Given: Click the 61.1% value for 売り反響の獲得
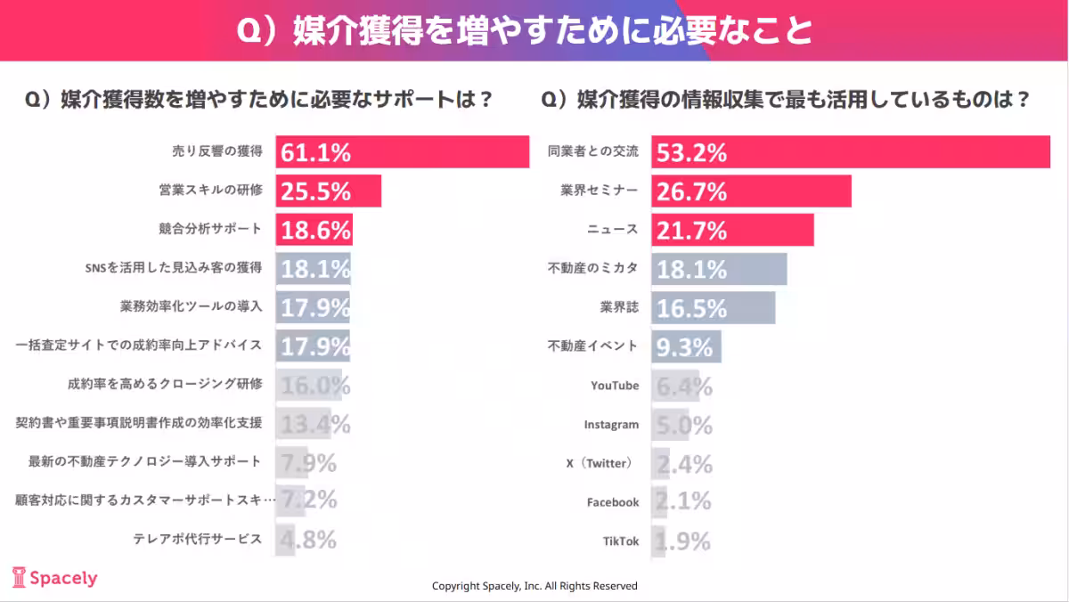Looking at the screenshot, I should [x=315, y=152].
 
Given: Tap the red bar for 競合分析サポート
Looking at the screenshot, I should [x=314, y=229].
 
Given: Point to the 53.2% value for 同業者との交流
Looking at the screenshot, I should [x=691, y=152].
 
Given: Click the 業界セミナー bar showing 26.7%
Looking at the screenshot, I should [x=751, y=191].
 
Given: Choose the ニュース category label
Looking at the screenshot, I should [x=613, y=230].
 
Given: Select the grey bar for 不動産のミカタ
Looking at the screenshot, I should [x=719, y=269].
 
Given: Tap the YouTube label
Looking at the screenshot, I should [x=615, y=386].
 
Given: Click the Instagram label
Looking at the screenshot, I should [x=611, y=425].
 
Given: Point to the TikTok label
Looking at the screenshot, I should [x=621, y=541].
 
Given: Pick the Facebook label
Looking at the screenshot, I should [x=613, y=502].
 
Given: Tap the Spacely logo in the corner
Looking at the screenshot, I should [x=54, y=578].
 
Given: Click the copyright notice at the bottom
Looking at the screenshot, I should [x=534, y=586].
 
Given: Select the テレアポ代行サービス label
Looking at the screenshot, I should [x=198, y=539].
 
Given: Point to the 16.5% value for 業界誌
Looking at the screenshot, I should [x=691, y=308].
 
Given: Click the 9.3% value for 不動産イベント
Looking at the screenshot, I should [x=684, y=346].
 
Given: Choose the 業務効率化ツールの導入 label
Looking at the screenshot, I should [x=191, y=306].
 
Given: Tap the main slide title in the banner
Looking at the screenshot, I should [x=525, y=30].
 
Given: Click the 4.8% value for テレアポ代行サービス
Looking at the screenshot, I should [x=307, y=540].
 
